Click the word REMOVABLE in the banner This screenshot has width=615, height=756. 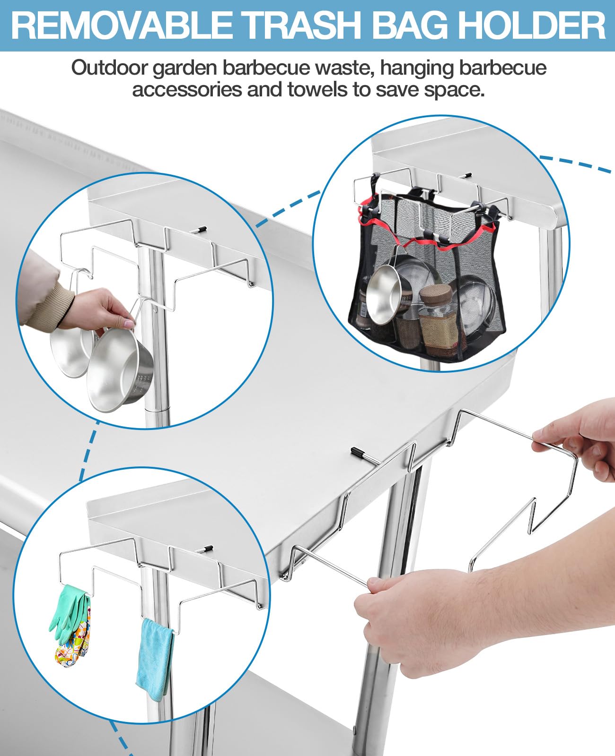tap(123, 26)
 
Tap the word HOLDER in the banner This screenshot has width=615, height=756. tap(521, 26)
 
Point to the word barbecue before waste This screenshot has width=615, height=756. tap(266, 68)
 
